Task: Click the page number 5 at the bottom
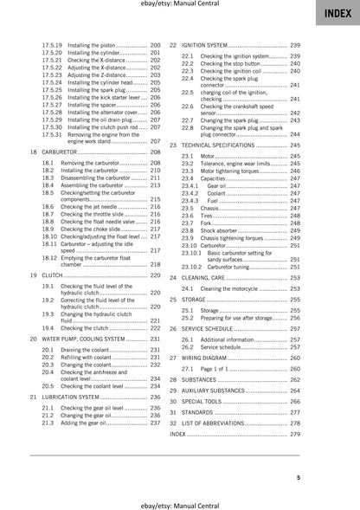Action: (x=322, y=477)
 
